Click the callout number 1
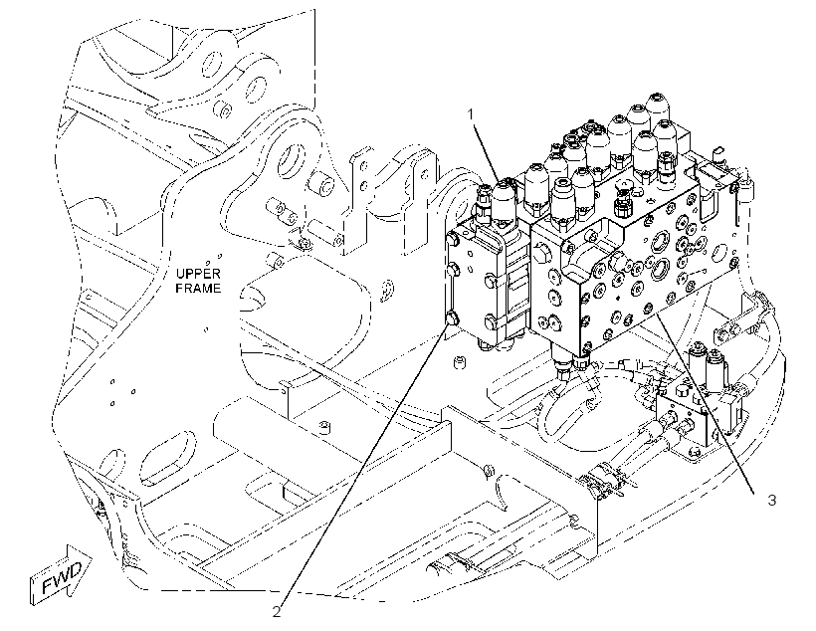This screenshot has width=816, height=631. (x=472, y=114)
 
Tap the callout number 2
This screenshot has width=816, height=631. (x=277, y=612)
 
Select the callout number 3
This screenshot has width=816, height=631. (x=772, y=500)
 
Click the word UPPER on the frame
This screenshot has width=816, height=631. (x=198, y=274)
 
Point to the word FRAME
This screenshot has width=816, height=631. (x=198, y=288)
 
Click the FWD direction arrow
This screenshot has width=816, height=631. (x=61, y=575)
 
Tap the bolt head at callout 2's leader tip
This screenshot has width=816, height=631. (x=452, y=317)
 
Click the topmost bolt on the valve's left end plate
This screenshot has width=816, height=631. (x=452, y=239)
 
